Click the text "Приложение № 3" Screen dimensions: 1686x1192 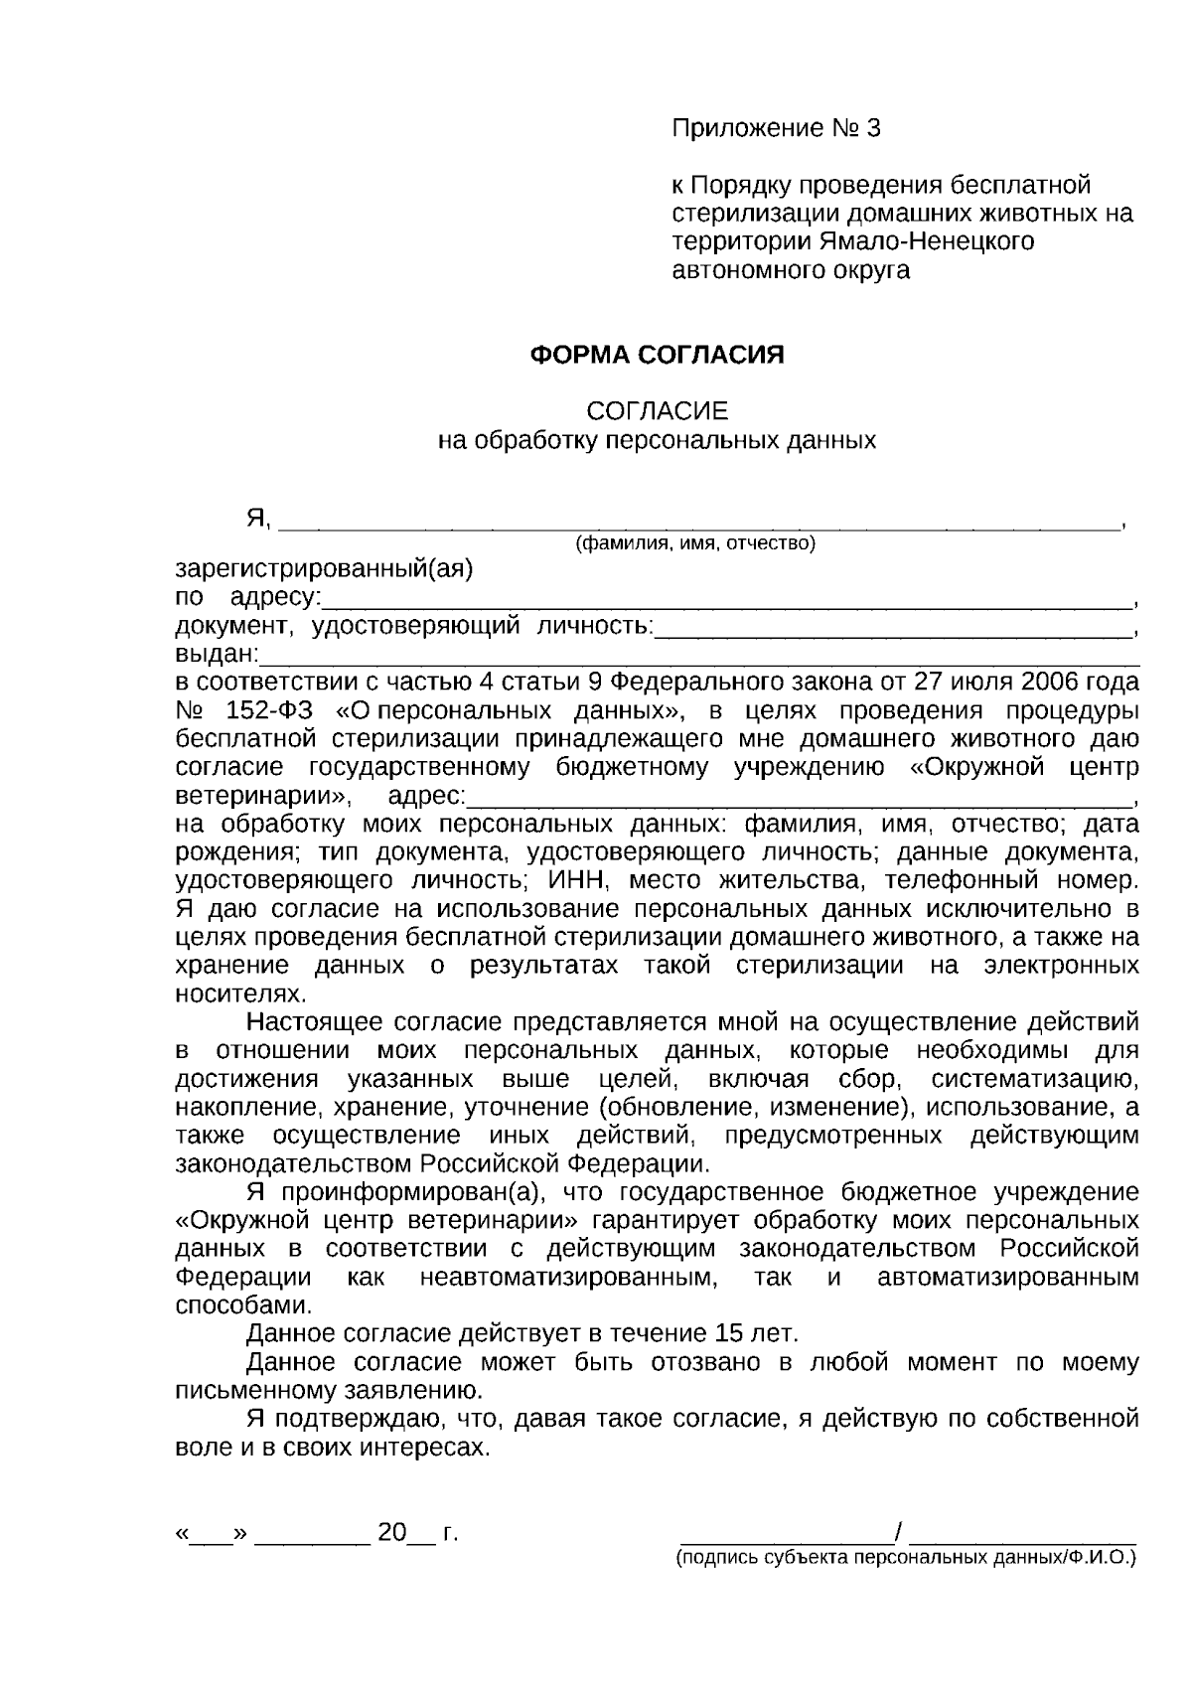[776, 128]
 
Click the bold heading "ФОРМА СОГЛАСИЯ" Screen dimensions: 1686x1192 [657, 355]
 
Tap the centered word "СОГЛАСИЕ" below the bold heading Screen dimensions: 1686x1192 [657, 411]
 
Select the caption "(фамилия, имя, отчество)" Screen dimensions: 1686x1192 [695, 543]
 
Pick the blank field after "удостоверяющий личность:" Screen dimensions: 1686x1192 [893, 628]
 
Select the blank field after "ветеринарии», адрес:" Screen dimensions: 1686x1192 [799, 798]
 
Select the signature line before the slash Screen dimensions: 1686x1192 [786, 1534]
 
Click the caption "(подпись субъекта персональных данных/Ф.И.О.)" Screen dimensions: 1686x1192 [905, 1559]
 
